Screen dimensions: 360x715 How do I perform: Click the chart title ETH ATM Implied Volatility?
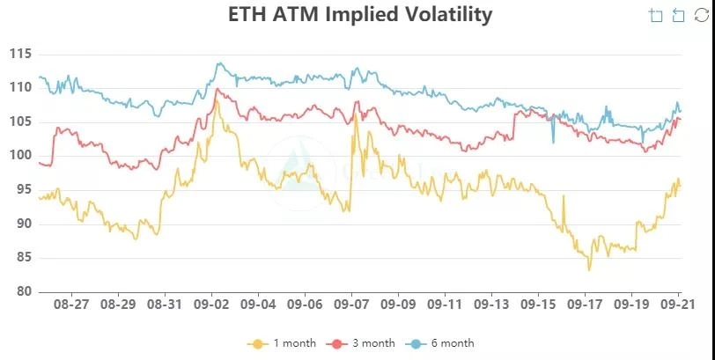point(359,15)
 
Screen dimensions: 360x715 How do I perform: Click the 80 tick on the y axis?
point(23,292)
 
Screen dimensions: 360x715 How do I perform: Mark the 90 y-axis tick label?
point(23,224)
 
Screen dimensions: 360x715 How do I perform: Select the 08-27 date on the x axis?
point(70,305)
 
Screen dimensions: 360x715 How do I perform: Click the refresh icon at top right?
point(701,15)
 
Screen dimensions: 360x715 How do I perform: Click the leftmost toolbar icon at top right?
point(655,15)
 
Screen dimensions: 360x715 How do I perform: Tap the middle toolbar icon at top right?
point(678,15)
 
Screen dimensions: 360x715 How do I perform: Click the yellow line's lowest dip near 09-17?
point(589,268)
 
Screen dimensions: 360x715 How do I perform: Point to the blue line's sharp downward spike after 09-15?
point(554,142)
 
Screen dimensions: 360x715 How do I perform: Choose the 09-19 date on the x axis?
point(631,305)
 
